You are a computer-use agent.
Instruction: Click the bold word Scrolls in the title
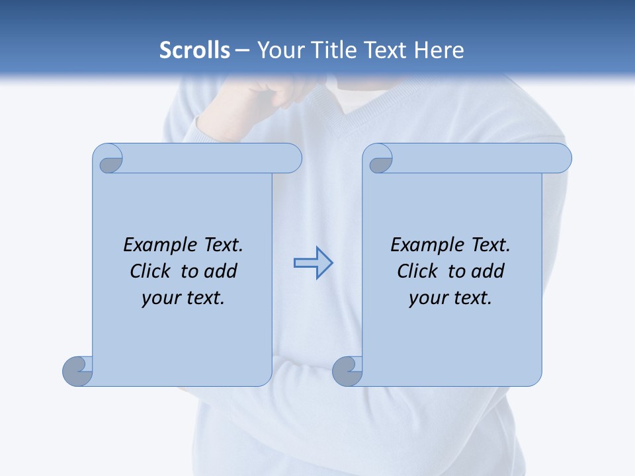[x=194, y=50]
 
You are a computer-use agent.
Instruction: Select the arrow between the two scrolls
[x=313, y=263]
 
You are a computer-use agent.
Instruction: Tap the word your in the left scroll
[x=160, y=298]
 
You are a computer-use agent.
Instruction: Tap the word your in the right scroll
[x=427, y=298]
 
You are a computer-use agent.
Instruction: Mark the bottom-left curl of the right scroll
[x=347, y=371]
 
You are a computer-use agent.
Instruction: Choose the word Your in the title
[x=277, y=50]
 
